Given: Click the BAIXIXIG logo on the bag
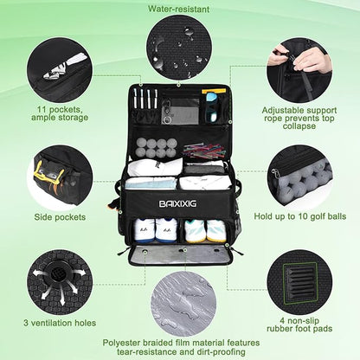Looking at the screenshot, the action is [x=177, y=203].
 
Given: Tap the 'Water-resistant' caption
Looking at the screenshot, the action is [x=178, y=9].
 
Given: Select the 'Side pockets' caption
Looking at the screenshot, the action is [x=60, y=217].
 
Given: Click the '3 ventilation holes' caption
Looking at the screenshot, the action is [x=60, y=323].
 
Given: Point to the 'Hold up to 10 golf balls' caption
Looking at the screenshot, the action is [x=300, y=216].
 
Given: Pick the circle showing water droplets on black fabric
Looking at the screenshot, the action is [x=179, y=48].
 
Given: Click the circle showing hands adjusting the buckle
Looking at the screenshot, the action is [x=299, y=70].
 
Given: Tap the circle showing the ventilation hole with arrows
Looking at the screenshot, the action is [x=60, y=282].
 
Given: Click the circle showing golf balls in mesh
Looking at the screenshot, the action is [x=299, y=177].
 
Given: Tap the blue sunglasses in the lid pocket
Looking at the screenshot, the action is [x=214, y=106].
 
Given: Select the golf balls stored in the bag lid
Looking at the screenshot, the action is [x=157, y=147].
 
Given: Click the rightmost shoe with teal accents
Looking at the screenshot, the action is [x=215, y=231].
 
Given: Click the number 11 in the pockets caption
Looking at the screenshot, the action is [x=42, y=110].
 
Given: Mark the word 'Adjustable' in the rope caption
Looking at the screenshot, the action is [x=283, y=111].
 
